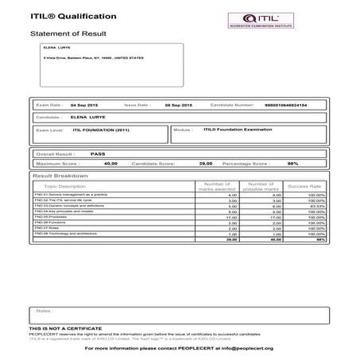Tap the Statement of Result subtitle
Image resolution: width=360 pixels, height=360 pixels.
[68, 35]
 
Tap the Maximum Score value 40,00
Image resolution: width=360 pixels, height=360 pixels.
[110, 163]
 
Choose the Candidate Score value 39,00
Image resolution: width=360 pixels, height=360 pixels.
[205, 163]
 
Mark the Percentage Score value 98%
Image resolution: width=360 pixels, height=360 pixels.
[292, 163]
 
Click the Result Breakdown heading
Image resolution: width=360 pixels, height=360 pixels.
[60, 174]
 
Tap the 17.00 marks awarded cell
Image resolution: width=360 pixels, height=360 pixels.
[232, 217]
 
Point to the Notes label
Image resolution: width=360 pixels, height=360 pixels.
[43, 311]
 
